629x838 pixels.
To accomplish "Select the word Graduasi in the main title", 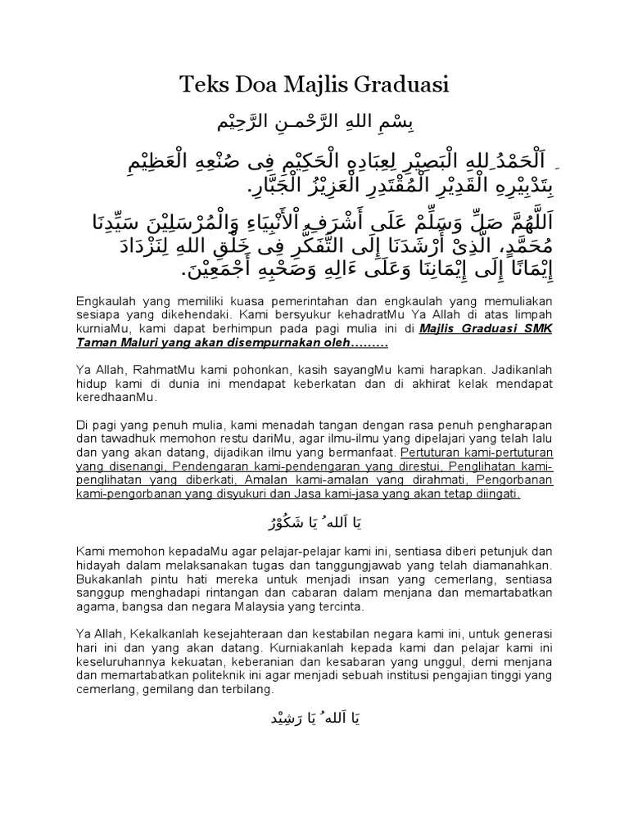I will tap(403, 85).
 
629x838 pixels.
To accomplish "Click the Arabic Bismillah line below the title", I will tap(315, 123).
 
